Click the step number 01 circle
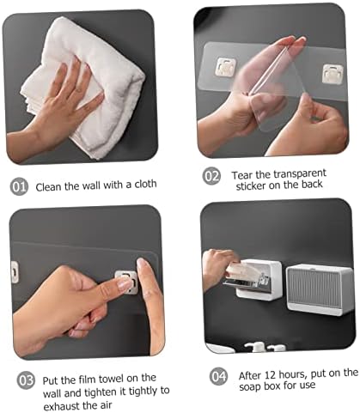[19, 186]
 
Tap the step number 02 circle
[211, 176]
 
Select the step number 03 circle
[26, 380]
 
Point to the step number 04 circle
[218, 376]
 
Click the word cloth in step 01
[145, 184]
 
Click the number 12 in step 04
[270, 374]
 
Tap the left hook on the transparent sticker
[226, 67]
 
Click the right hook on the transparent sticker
[333, 74]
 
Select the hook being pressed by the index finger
[126, 282]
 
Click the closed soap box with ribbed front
[320, 289]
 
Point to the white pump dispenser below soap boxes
[256, 347]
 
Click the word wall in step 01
[91, 185]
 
